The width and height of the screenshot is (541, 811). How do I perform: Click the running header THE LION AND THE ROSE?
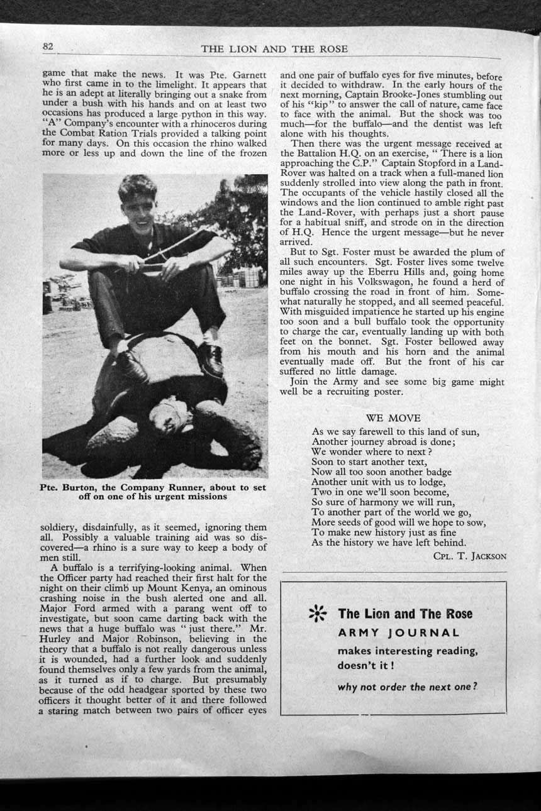(x=274, y=49)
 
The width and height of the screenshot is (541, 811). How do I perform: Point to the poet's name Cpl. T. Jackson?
(x=469, y=556)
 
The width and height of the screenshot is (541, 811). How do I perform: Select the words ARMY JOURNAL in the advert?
(x=398, y=633)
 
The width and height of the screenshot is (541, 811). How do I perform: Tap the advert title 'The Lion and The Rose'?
(x=404, y=614)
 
